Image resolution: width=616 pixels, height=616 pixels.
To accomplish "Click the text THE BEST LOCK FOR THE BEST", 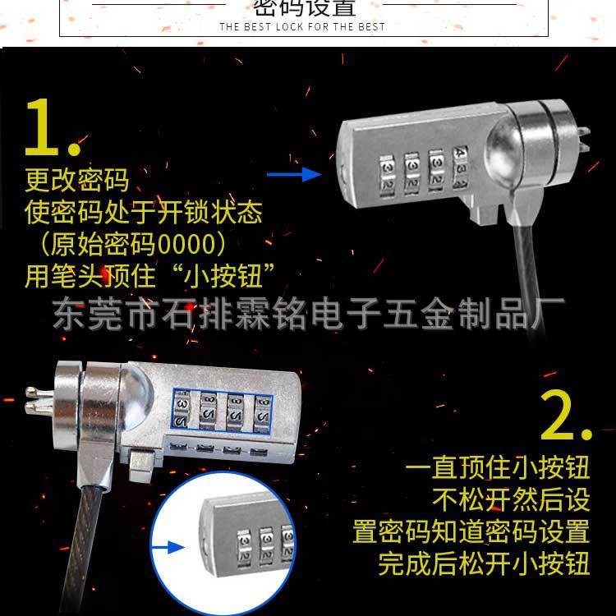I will point(302,26).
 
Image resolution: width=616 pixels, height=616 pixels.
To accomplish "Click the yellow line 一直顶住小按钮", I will point(498,469).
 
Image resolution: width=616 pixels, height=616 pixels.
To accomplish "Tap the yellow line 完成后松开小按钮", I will point(484,563).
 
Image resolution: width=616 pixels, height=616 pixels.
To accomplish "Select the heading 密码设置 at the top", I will point(305,8).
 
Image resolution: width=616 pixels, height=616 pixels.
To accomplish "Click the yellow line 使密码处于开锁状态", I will point(144,213).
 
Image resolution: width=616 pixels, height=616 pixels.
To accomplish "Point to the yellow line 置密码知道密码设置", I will point(471,531).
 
